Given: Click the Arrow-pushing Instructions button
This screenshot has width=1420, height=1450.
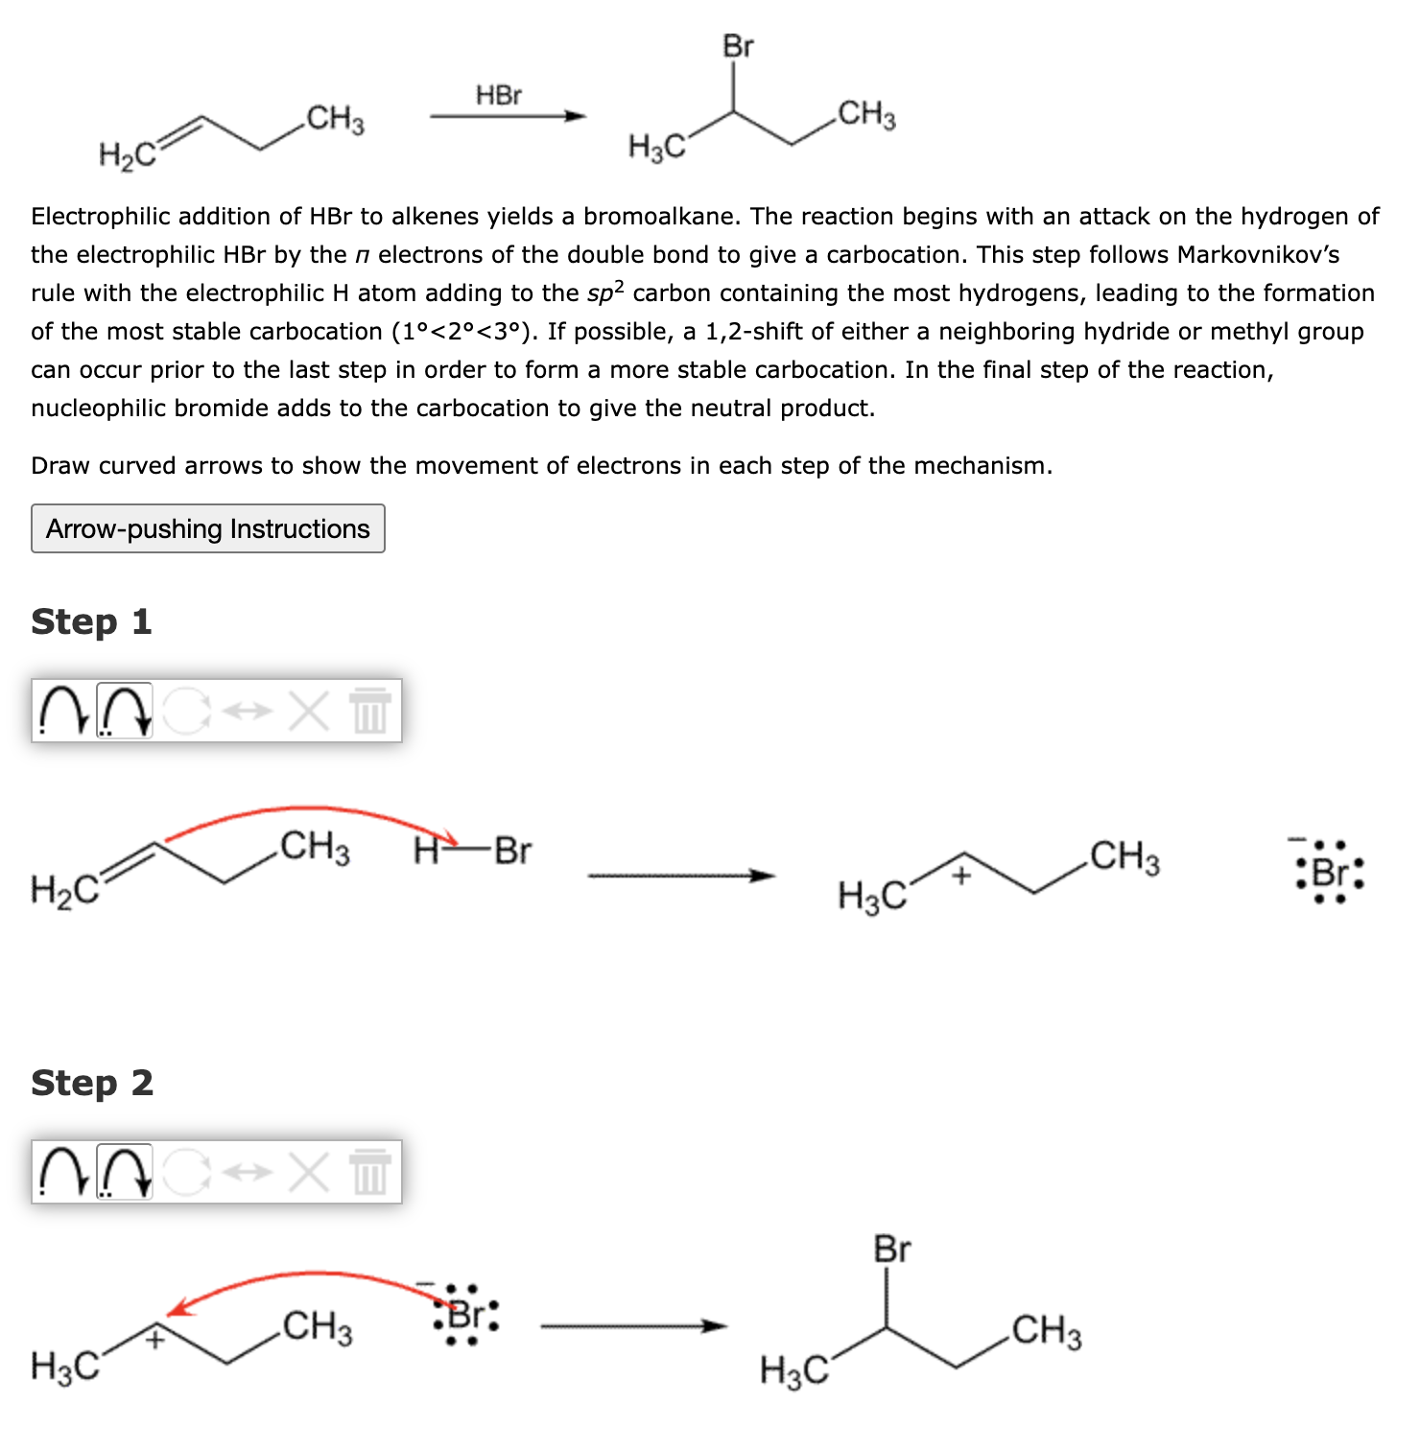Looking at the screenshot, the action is coord(207,528).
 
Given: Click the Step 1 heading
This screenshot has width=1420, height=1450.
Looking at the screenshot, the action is coord(91,621).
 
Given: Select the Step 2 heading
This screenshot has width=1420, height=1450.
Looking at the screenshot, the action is coord(92,1083).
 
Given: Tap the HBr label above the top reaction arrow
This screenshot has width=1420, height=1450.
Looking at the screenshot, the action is coord(499,95).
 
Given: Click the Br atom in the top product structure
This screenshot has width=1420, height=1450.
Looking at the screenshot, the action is coord(738,46).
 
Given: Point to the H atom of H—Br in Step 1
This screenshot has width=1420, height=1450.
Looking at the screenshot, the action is coord(425,851).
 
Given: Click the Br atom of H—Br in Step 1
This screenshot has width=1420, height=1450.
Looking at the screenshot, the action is coord(513,851).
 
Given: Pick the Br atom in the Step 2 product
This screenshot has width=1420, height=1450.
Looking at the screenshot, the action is coord(891,1250).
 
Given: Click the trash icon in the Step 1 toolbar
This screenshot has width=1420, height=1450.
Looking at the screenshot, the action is coord(370,711).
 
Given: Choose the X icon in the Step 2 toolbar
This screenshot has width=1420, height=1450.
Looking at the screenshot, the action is coord(308,1172).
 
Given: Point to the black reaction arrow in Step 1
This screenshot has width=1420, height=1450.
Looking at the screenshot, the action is coord(680,876).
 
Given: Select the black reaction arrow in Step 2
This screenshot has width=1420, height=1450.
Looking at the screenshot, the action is coord(633,1326).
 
